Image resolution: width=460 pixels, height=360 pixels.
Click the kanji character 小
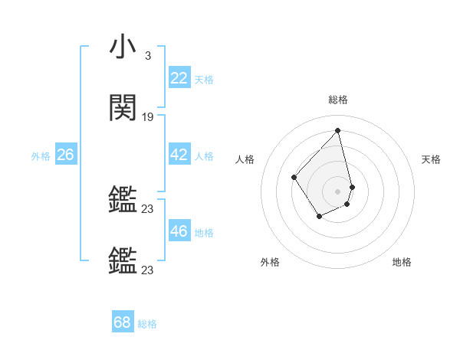click(x=123, y=47)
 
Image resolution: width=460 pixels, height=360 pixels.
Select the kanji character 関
click(x=123, y=108)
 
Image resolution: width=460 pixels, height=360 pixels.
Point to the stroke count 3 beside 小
click(x=147, y=56)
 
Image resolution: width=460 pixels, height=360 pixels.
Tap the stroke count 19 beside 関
click(x=148, y=117)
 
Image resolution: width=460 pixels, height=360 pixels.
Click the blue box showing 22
click(x=179, y=78)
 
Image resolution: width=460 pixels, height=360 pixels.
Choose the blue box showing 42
click(x=179, y=155)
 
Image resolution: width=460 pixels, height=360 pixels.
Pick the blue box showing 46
click(x=179, y=231)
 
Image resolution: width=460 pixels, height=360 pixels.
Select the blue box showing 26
click(x=65, y=155)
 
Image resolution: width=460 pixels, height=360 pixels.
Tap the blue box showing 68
click(x=123, y=322)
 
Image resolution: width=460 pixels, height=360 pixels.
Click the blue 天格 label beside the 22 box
click(x=204, y=80)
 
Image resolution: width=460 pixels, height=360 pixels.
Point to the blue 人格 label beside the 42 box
click(x=204, y=156)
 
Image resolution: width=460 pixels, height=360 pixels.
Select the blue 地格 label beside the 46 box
click(x=204, y=233)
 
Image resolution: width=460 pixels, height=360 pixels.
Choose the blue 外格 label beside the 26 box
click(x=41, y=156)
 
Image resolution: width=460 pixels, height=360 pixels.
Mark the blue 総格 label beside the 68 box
click(x=147, y=324)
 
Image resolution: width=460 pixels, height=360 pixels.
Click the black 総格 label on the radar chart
click(x=338, y=100)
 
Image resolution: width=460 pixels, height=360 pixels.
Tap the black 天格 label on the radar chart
click(x=431, y=159)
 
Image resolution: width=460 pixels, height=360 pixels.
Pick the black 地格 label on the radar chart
click(x=402, y=262)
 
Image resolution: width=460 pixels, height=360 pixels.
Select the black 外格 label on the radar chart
click(x=270, y=262)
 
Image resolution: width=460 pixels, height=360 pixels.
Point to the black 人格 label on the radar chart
click(x=245, y=159)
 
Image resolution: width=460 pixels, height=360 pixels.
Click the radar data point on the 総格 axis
click(x=338, y=129)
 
